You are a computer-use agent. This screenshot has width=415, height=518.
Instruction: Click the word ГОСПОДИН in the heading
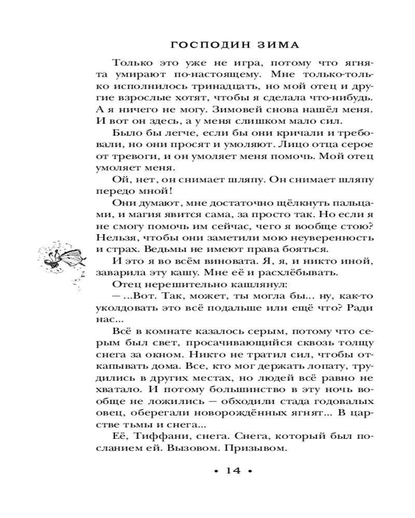tap(200, 45)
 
